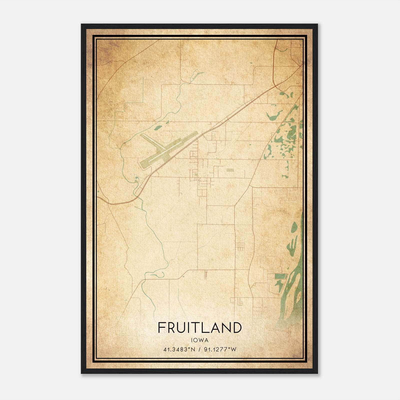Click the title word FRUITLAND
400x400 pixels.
[200, 328]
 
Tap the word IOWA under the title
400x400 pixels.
[200, 340]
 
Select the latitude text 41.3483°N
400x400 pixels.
[179, 349]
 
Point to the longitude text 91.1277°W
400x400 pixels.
[220, 349]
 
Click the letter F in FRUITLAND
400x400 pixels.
[161, 328]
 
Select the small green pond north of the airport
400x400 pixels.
[157, 128]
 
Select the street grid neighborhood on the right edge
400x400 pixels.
[287, 195]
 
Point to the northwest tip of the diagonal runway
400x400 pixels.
[142, 135]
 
